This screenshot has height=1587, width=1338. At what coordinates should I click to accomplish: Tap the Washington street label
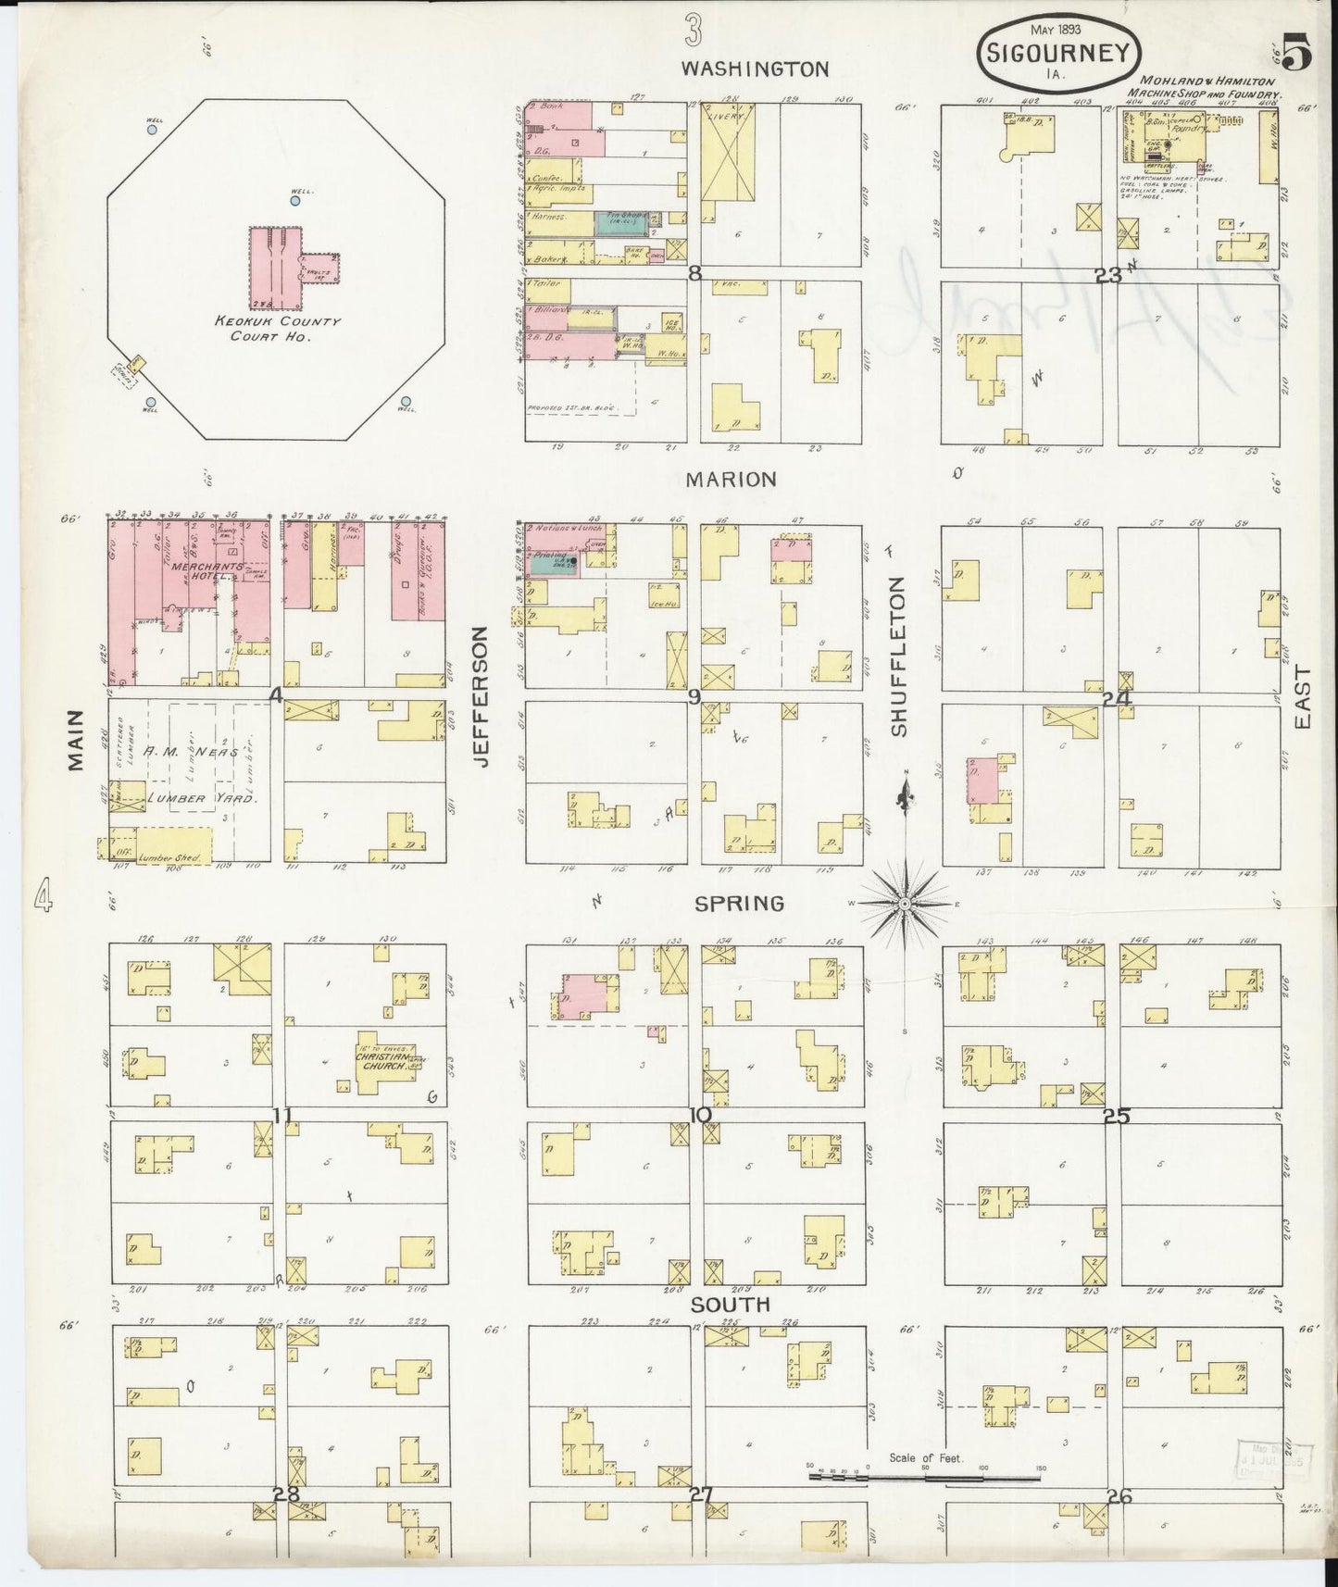(x=755, y=69)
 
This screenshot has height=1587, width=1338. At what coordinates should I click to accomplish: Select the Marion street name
(x=731, y=480)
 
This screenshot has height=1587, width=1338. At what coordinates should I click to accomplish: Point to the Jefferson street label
(x=481, y=696)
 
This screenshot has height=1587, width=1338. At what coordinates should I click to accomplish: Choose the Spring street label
(x=739, y=903)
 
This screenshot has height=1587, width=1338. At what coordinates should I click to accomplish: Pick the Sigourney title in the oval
(x=1058, y=53)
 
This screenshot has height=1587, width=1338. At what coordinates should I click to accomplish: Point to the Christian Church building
(x=386, y=1062)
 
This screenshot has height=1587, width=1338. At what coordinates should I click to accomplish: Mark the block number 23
(x=1107, y=274)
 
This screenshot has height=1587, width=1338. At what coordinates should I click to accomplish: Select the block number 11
(x=282, y=1115)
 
